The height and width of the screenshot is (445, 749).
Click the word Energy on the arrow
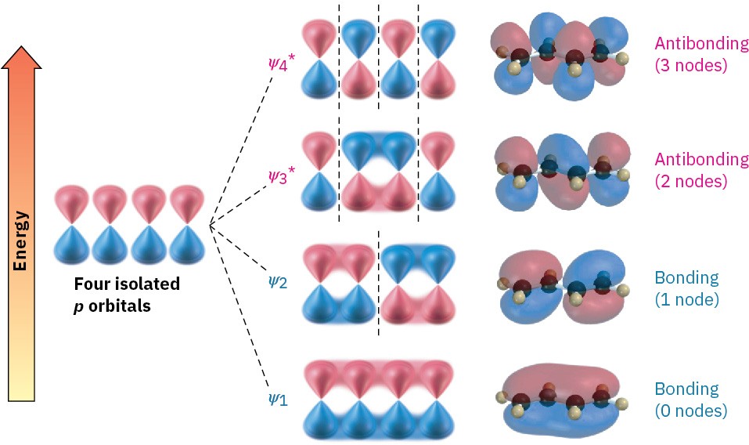click(21, 240)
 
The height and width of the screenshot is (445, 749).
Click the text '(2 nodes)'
click(691, 180)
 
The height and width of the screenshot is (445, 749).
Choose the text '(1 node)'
click(686, 298)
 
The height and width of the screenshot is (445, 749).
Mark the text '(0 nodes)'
click(691, 409)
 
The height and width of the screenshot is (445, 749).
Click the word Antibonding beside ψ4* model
click(701, 45)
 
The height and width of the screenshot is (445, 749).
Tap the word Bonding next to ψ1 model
click(686, 389)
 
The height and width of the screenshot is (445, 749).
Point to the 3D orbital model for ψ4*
click(562, 58)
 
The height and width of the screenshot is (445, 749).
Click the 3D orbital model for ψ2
click(560, 286)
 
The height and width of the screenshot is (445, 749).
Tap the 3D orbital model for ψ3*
click(562, 172)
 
